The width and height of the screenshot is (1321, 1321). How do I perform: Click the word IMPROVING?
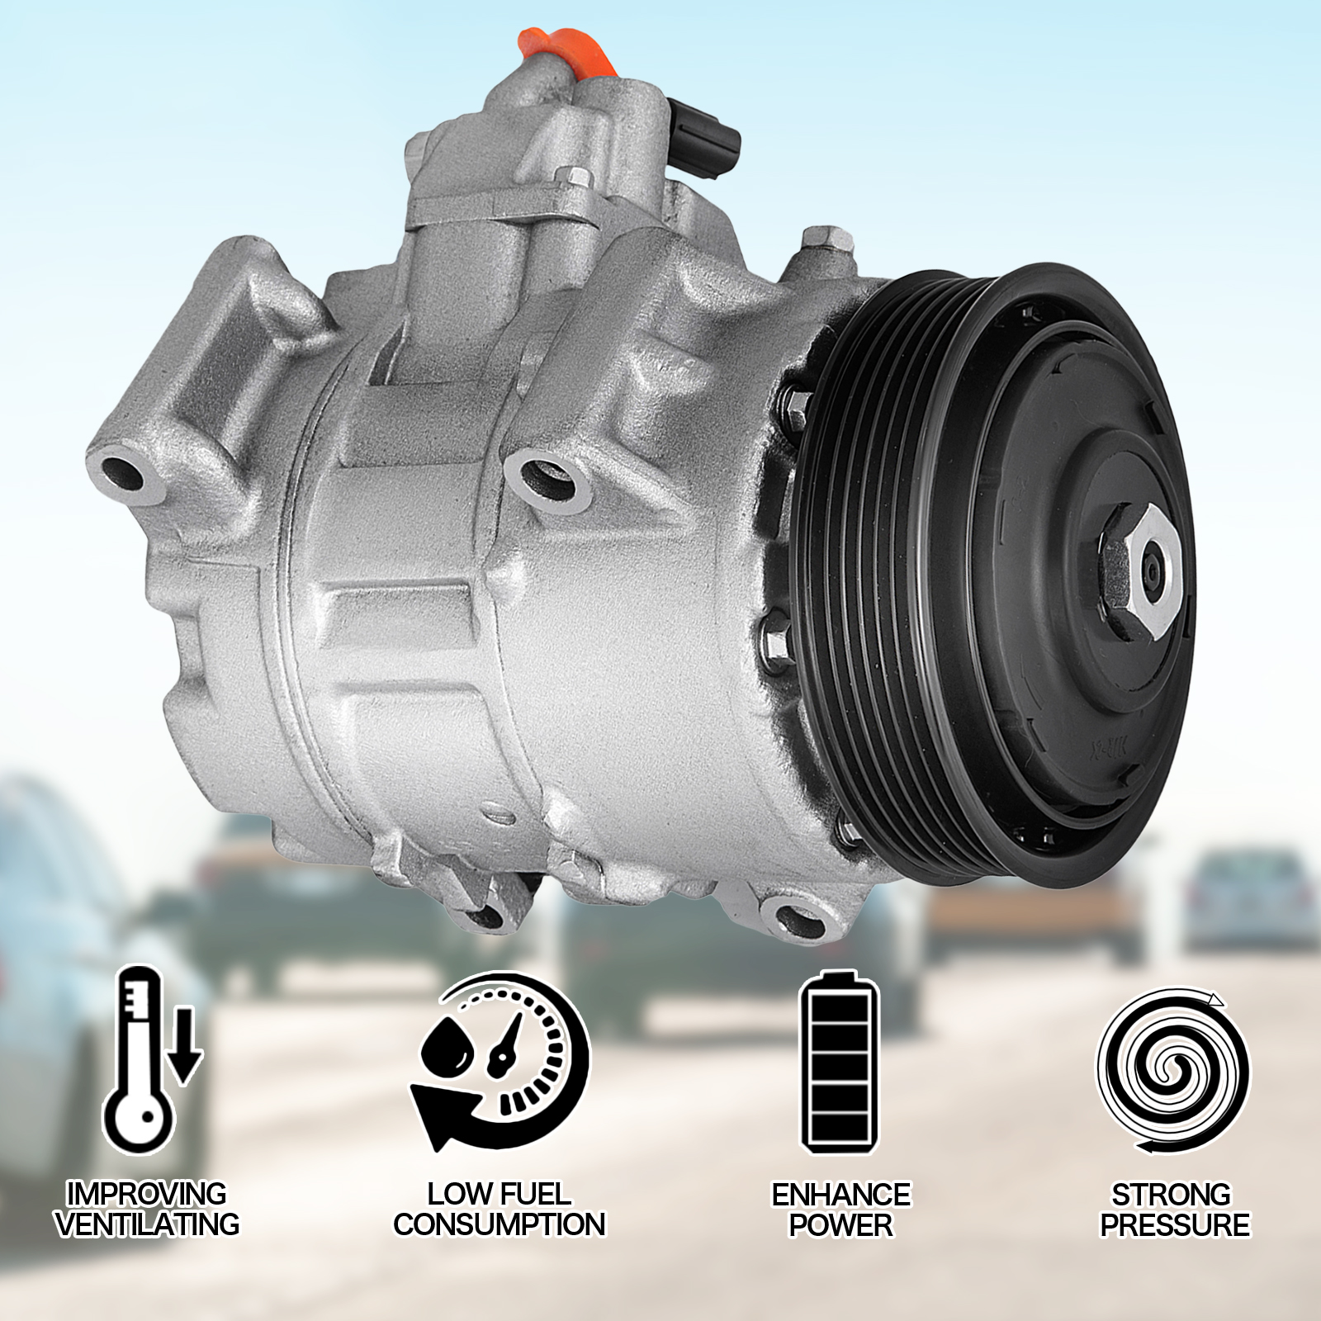[146, 1194]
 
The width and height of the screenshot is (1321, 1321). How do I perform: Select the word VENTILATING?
[147, 1224]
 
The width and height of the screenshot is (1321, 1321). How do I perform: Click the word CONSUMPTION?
[499, 1224]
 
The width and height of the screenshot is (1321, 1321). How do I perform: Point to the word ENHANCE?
[840, 1194]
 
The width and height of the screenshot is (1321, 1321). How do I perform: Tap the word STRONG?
[1171, 1194]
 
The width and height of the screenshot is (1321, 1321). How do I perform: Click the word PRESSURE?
[1174, 1224]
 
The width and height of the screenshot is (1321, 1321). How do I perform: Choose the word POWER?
[840, 1224]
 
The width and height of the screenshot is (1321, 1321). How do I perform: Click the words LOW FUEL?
[499, 1194]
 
